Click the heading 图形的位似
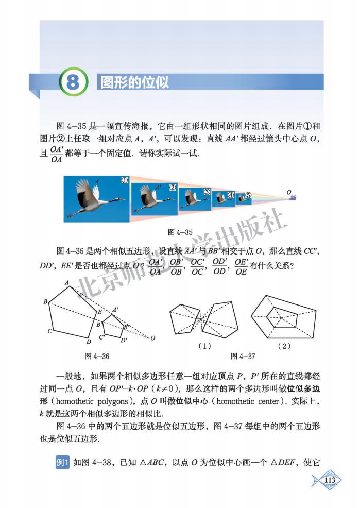pyautogui.click(x=134, y=82)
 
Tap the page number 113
pyautogui.click(x=330, y=480)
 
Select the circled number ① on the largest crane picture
pyautogui.click(x=124, y=181)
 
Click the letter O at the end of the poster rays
pyautogui.click(x=289, y=192)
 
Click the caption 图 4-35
pyautogui.click(x=180, y=232)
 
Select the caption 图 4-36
pyautogui.click(x=96, y=356)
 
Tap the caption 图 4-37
pyautogui.click(x=244, y=356)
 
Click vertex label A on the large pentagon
pyautogui.click(x=66, y=282)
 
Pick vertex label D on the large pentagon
pyautogui.click(x=89, y=341)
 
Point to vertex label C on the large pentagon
pyautogui.click(x=49, y=331)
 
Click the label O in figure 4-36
pyautogui.click(x=152, y=338)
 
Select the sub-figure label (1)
pyautogui.click(x=204, y=346)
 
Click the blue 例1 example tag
pyautogui.click(x=62, y=463)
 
